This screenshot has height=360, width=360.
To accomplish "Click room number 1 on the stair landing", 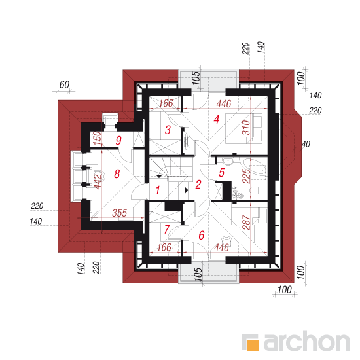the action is pyautogui.click(x=158, y=190).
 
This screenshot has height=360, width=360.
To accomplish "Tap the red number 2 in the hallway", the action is pyautogui.click(x=198, y=185).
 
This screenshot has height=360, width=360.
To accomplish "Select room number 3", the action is pyautogui.click(x=168, y=130).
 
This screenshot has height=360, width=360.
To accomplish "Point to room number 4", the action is pyautogui.click(x=216, y=119).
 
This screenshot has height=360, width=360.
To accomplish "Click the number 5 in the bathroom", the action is pyautogui.click(x=221, y=173).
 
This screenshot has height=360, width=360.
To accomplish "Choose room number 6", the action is pyautogui.click(x=202, y=236).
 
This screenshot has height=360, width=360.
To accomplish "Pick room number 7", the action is pyautogui.click(x=167, y=229).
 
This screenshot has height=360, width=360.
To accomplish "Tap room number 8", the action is pyautogui.click(x=117, y=174).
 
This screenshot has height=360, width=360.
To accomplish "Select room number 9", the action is pyautogui.click(x=118, y=140).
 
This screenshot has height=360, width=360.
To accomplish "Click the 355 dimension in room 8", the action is pyautogui.click(x=119, y=213).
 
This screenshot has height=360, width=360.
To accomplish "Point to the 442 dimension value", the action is pyautogui.click(x=98, y=182).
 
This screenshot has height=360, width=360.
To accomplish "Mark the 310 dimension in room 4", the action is pyautogui.click(x=246, y=128).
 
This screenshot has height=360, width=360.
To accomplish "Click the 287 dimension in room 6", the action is pyautogui.click(x=246, y=223).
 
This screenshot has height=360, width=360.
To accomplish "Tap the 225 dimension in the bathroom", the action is pyautogui.click(x=246, y=176).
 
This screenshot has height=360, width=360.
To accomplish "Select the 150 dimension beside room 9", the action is pyautogui.click(x=98, y=137).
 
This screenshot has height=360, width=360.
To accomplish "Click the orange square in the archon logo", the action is pyautogui.click(x=253, y=345).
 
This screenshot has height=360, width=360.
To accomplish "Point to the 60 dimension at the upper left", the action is pyautogui.click(x=64, y=84).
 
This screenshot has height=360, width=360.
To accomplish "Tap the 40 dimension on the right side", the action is pyautogui.click(x=306, y=144).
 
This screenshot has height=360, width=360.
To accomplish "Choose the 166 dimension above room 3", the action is pyautogui.click(x=166, y=103).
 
